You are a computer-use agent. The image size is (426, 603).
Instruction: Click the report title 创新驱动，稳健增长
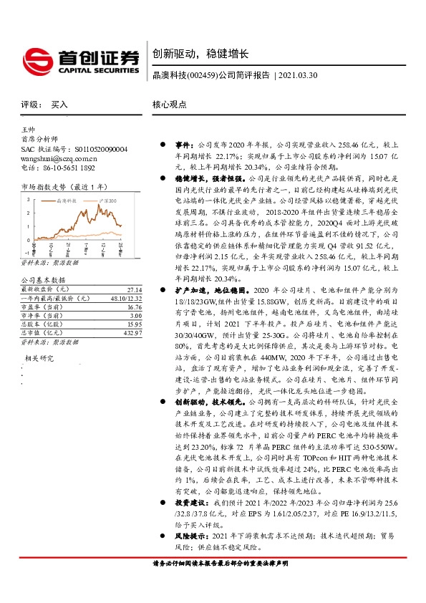point(200,54)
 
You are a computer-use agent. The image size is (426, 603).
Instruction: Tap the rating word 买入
point(59,104)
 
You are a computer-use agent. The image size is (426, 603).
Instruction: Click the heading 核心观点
point(169,104)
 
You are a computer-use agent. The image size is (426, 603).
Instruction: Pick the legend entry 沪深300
point(105,203)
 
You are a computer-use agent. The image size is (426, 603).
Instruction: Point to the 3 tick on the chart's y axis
point(27,200)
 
